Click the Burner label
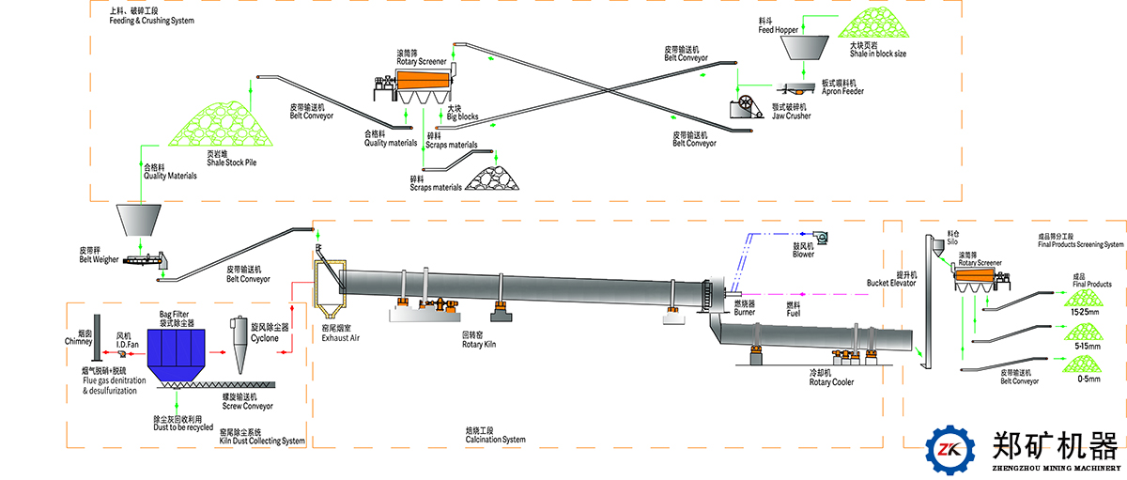coord(745,312)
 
